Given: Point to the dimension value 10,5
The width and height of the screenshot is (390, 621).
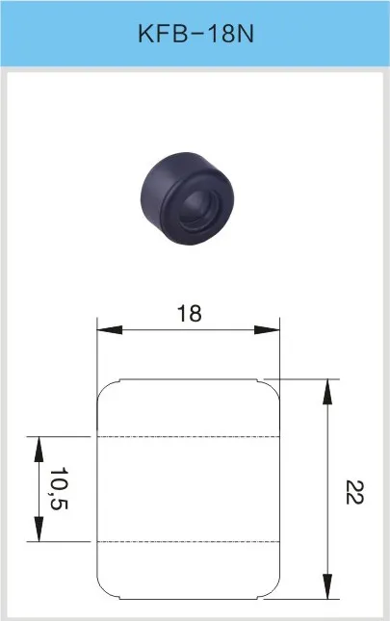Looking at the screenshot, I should (x=60, y=489).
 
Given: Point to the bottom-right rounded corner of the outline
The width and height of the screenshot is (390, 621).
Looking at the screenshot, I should (x=273, y=589).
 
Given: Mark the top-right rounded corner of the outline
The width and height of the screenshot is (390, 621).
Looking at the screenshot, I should (x=273, y=387).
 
